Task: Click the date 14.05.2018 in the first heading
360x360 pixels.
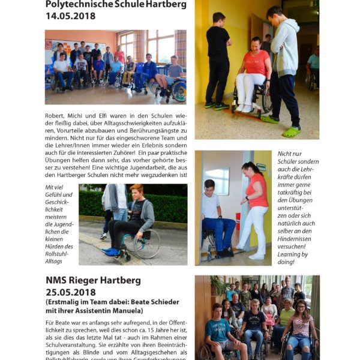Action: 70,16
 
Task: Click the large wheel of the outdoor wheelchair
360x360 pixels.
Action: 148,244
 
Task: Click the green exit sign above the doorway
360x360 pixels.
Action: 260,167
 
